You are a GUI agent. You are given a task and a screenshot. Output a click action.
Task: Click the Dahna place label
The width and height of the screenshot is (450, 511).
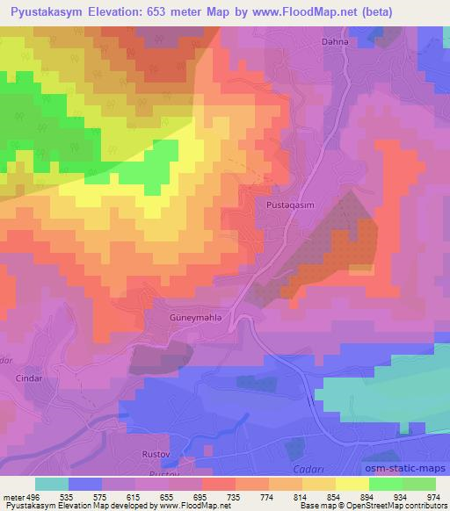pyautogui.click(x=335, y=41)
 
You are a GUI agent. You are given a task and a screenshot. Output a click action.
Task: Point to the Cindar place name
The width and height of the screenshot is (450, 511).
pyautogui.click(x=29, y=378)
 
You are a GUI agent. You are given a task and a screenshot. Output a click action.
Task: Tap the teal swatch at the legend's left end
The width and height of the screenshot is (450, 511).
pyautogui.click(x=53, y=484)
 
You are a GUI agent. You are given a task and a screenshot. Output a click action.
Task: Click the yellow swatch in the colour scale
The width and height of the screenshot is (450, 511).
pyautogui.click(x=352, y=484)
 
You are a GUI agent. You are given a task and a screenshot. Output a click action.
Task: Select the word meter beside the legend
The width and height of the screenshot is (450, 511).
pyautogui.click(x=13, y=497)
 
